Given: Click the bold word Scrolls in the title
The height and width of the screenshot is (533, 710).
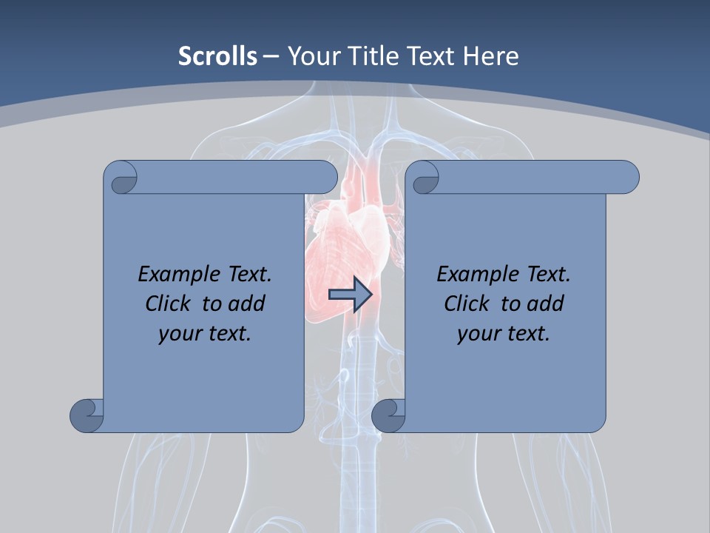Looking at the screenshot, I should pyautogui.click(x=217, y=56).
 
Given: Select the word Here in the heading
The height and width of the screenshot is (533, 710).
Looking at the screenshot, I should pyautogui.click(x=492, y=56).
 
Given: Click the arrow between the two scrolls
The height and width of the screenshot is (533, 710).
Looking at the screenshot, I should pyautogui.click(x=351, y=295).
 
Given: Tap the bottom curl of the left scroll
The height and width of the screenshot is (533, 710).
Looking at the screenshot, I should pyautogui.click(x=87, y=415).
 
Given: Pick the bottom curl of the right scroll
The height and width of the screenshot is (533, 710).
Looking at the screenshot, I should pyautogui.click(x=388, y=415).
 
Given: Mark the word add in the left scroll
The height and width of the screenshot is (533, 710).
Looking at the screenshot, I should pyautogui.click(x=246, y=304).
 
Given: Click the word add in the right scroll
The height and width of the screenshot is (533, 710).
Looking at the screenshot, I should pyautogui.click(x=545, y=304).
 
